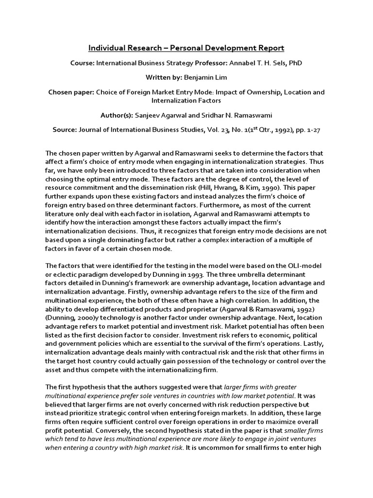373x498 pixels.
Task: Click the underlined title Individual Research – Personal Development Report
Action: [x=186, y=48]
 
